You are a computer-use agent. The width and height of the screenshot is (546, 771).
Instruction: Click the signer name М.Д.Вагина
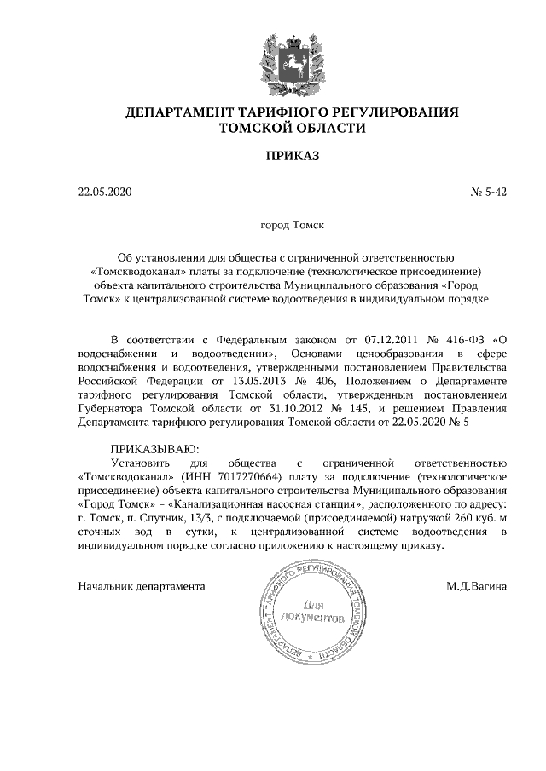pyautogui.click(x=476, y=586)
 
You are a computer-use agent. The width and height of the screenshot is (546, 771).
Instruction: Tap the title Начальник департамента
pyautogui.click(x=142, y=586)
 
